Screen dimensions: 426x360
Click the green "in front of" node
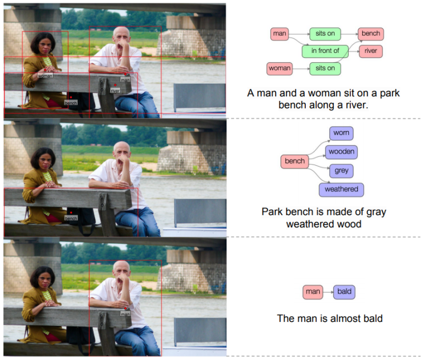pyautogui.click(x=325, y=51)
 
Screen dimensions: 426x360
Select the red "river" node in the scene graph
pyautogui.click(x=370, y=51)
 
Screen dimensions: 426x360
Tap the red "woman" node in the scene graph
pyautogui.click(x=280, y=68)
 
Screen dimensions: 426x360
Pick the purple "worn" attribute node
pyautogui.click(x=341, y=133)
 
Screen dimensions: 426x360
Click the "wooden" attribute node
pyautogui.click(x=341, y=151)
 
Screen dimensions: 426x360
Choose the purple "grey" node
pyautogui.click(x=341, y=171)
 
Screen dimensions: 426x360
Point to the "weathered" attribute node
pyautogui.click(x=341, y=189)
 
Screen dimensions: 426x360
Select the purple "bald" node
pyautogui.click(x=344, y=292)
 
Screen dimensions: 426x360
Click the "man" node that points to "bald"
pyautogui.click(x=312, y=292)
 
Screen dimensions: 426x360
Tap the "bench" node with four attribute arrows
pyautogui.click(x=295, y=161)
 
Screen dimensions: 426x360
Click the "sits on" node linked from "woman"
pyautogui.click(x=325, y=68)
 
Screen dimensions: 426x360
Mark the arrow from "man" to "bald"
pyautogui.click(x=327, y=292)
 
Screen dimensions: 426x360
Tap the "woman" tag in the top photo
pyautogui.click(x=45, y=75)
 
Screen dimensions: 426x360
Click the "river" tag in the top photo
pyautogui.click(x=115, y=90)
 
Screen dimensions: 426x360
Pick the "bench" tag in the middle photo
pyautogui.click(x=71, y=218)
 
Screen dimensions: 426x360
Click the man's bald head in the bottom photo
pyautogui.click(x=122, y=267)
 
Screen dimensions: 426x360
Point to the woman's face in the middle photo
pyautogui.click(x=43, y=159)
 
